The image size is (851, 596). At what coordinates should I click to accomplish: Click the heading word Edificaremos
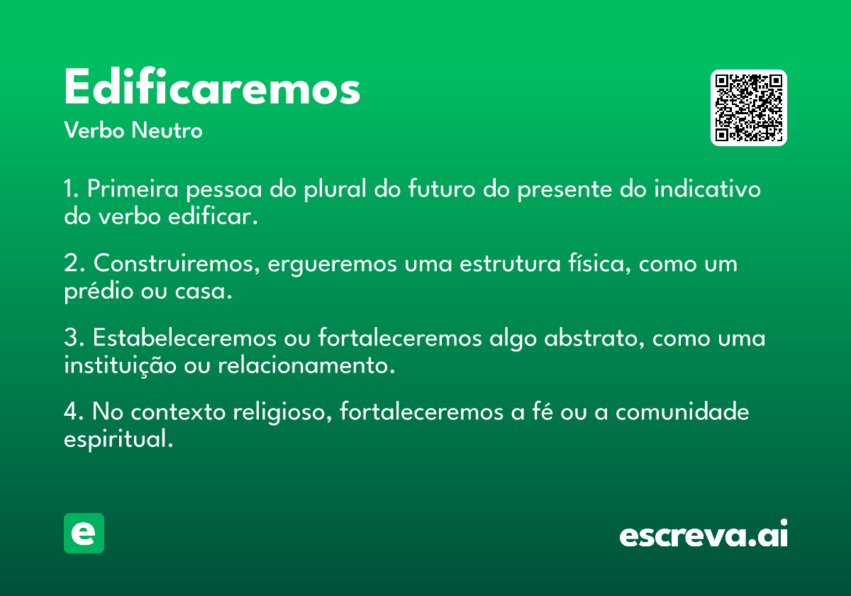212,87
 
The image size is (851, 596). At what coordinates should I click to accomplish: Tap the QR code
748,108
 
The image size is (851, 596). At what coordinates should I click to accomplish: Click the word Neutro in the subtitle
167,131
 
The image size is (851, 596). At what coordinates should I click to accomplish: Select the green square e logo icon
84,533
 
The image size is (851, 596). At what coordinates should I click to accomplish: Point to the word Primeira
133,189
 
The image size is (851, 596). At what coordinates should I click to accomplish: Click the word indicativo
707,189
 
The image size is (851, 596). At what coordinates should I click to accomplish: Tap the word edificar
213,216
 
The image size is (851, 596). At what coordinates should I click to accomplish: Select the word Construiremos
177,263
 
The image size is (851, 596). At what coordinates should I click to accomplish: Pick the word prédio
99,292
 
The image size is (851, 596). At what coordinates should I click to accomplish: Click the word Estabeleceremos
184,338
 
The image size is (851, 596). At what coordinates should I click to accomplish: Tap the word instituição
120,366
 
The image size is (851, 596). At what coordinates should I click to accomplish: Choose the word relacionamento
306,365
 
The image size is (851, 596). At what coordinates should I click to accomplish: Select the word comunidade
682,412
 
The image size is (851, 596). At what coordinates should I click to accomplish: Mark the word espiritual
118,439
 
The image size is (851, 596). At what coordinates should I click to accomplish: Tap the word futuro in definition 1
442,189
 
